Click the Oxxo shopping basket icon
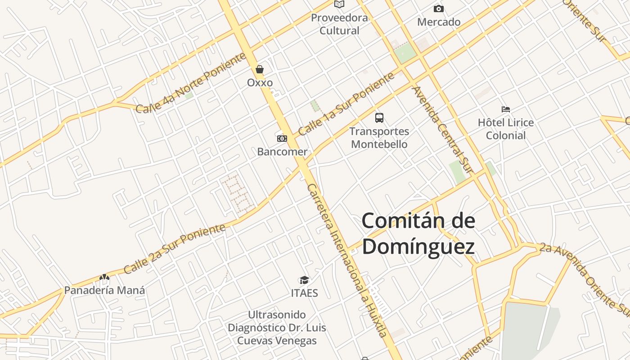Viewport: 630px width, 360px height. (260, 69)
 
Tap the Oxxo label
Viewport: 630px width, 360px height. (260, 83)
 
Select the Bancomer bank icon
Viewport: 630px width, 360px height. (282, 139)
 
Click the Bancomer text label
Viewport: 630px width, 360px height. (282, 152)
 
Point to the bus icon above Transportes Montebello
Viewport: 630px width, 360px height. (379, 118)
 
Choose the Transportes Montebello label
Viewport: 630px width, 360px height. (379, 138)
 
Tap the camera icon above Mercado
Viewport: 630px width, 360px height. (438, 9)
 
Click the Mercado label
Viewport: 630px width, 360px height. (439, 22)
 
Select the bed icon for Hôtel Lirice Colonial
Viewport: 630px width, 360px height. (506, 109)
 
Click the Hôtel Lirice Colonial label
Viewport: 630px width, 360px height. (506, 129)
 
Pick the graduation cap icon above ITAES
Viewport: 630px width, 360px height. (305, 280)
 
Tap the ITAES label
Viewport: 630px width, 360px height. (305, 293)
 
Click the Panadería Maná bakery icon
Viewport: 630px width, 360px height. (104, 277)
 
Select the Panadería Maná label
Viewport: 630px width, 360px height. (104, 290)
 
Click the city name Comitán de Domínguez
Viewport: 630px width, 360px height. (418, 234)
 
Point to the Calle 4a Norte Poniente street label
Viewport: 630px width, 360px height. (191, 83)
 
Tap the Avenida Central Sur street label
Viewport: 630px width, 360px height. (443, 130)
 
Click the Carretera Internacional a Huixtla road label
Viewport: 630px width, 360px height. (346, 260)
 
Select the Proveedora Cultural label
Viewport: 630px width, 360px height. (339, 24)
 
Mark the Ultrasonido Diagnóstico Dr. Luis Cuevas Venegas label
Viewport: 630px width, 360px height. (277, 328)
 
